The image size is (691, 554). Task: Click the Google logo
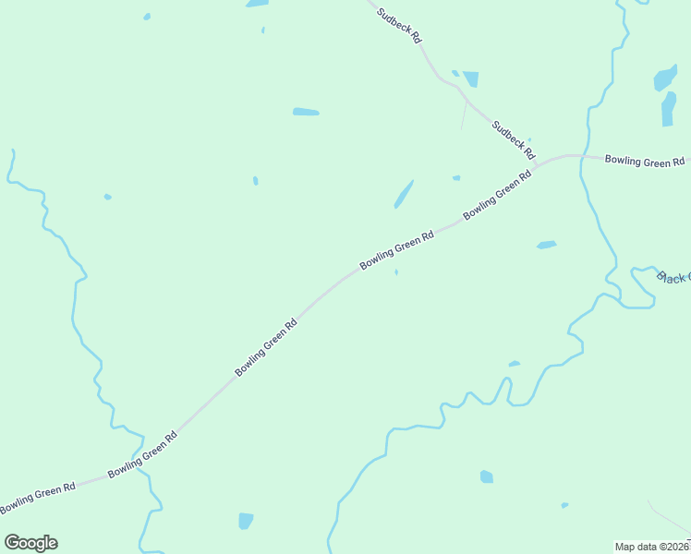(30, 543)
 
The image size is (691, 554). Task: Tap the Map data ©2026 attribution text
(652, 546)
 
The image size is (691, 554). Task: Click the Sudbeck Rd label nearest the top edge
(400, 26)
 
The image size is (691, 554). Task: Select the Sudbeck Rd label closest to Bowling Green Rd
(514, 139)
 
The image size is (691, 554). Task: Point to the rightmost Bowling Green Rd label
(645, 161)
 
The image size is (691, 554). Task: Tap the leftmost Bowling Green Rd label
(38, 499)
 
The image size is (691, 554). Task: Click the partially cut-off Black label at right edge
(673, 276)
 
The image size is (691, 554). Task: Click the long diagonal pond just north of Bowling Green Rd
(404, 194)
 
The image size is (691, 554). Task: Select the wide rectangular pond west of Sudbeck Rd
(306, 112)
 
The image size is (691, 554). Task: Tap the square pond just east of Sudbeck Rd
(471, 79)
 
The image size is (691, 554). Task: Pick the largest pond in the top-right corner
(665, 78)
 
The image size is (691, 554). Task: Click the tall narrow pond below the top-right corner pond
(668, 109)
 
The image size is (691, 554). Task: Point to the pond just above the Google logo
(246, 521)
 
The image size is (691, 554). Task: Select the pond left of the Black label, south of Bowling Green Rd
(547, 245)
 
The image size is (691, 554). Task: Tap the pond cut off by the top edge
(257, 4)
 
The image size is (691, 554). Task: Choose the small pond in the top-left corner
(147, 17)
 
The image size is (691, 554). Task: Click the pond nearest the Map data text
(564, 505)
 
